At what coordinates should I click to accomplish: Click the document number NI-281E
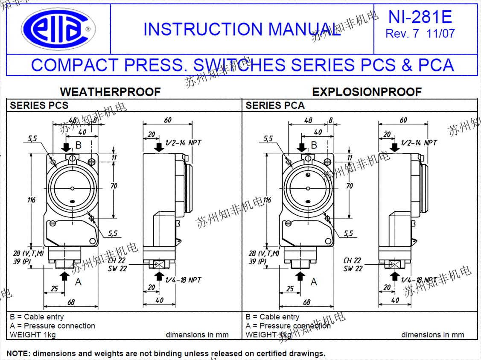coord(420,17)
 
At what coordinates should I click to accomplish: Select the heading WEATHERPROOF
coord(110,92)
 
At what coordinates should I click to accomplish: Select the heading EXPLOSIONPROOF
coord(367,92)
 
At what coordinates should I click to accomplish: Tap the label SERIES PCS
coord(39,105)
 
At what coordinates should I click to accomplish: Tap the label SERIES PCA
coord(275,105)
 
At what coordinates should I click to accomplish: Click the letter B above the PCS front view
coord(78,145)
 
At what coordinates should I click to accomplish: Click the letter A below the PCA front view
coord(314,282)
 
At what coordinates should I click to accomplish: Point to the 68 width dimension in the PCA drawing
coord(306,302)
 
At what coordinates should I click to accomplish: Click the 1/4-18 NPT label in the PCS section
coord(183,280)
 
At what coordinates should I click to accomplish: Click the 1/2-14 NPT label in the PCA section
coord(419,143)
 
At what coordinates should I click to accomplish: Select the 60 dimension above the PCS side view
coord(167,120)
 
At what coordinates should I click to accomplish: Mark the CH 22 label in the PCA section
coord(353,260)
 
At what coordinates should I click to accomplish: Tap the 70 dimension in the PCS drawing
coord(114,186)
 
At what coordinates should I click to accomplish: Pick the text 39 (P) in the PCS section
coord(21,261)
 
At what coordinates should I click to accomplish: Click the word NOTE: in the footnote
coord(18,354)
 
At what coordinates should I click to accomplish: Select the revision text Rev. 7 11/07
coord(420,34)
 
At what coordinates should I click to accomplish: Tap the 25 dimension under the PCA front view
coord(290,289)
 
